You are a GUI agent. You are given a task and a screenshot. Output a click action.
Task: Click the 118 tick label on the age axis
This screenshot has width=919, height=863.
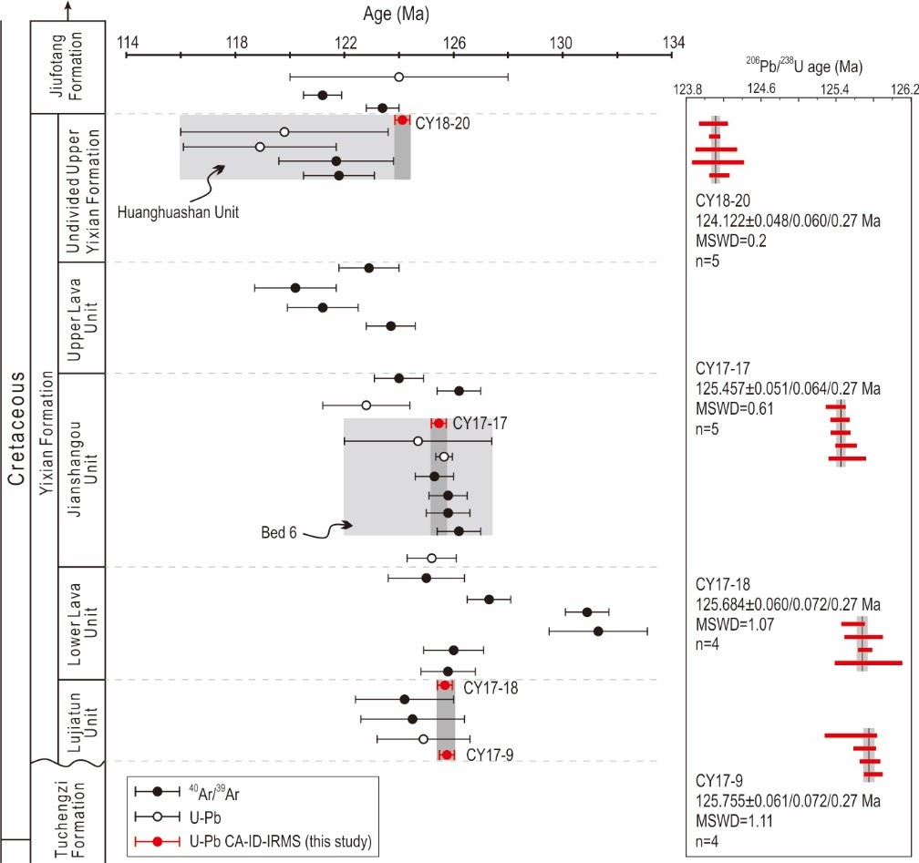[236, 41]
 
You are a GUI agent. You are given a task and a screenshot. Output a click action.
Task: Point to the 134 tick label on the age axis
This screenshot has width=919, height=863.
[673, 41]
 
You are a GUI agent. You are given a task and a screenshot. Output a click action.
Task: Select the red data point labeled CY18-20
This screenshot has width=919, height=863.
[402, 119]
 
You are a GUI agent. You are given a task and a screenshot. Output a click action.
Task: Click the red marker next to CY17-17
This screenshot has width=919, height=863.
[439, 423]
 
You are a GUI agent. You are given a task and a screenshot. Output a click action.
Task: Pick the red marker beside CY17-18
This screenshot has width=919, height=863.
[445, 685]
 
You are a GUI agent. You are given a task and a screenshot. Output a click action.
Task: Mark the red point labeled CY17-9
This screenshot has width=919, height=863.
[447, 755]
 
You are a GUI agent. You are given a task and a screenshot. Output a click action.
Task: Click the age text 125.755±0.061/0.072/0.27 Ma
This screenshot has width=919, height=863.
[787, 801]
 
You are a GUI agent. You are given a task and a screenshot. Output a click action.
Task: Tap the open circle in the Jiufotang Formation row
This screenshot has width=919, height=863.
[398, 77]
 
